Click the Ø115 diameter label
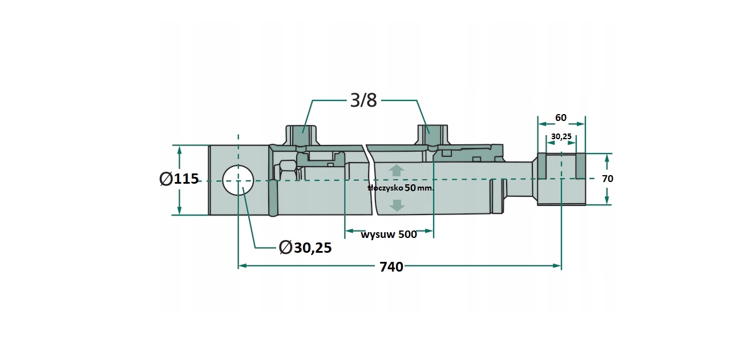coord(179,179)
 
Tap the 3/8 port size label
coord(363,100)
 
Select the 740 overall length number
coord(391,267)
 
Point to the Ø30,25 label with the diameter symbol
coord(305,248)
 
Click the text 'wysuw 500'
coord(389,234)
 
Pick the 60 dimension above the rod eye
coord(561,118)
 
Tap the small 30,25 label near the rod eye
coord(561,136)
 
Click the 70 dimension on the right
coord(608,179)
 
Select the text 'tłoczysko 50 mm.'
coord(401,188)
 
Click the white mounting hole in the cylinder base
coord(238,180)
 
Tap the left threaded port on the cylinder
coord(302,136)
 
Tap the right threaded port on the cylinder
coord(433,135)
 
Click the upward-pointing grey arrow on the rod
coord(397,171)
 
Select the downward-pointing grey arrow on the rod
coord(397,205)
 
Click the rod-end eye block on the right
coord(561,179)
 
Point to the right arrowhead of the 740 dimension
coord(557,266)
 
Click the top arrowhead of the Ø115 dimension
coord(179,149)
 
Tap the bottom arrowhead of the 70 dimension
coord(607,201)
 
